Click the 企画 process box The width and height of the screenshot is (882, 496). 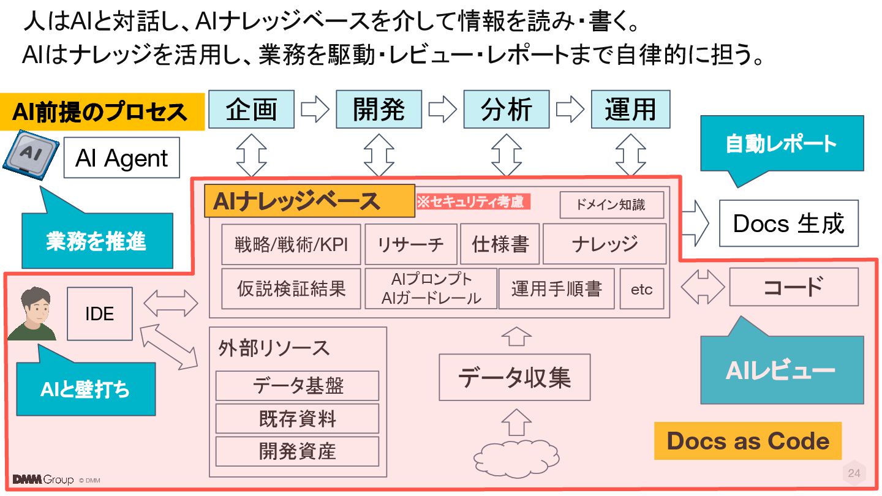click(251, 110)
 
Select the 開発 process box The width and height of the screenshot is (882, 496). click(379, 110)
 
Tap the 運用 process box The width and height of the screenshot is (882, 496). click(630, 110)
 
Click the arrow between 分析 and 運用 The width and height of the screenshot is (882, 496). click(570, 110)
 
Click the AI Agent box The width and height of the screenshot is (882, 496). click(121, 158)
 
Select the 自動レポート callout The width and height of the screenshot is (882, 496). click(782, 145)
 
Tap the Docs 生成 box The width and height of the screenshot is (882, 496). click(788, 224)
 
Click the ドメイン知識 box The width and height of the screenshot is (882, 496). click(611, 205)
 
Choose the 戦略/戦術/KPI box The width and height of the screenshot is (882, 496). click(291, 244)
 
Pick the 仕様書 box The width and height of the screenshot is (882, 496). click(500, 244)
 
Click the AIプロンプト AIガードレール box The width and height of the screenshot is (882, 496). click(431, 289)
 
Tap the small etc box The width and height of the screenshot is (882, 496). click(642, 289)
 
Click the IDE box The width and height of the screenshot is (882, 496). click(99, 314)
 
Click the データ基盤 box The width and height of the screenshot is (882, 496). click(298, 386)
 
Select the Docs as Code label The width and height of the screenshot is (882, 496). click(748, 441)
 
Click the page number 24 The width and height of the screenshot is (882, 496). click(854, 473)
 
